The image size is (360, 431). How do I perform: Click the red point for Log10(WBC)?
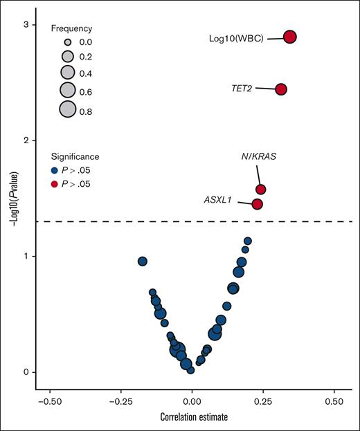click(290, 37)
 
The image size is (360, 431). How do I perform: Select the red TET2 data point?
click(281, 89)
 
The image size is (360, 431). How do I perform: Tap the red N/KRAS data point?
click(261, 189)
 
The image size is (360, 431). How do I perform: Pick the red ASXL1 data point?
click(257, 204)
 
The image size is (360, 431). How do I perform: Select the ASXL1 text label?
click(218, 201)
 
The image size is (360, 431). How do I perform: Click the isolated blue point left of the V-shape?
click(143, 261)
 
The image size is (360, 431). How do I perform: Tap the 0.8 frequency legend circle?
click(67, 109)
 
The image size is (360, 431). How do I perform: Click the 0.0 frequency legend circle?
click(67, 43)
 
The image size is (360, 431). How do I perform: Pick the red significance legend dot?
click(55, 184)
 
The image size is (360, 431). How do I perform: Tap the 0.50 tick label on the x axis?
click(334, 400)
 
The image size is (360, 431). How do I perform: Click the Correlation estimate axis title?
click(192, 418)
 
